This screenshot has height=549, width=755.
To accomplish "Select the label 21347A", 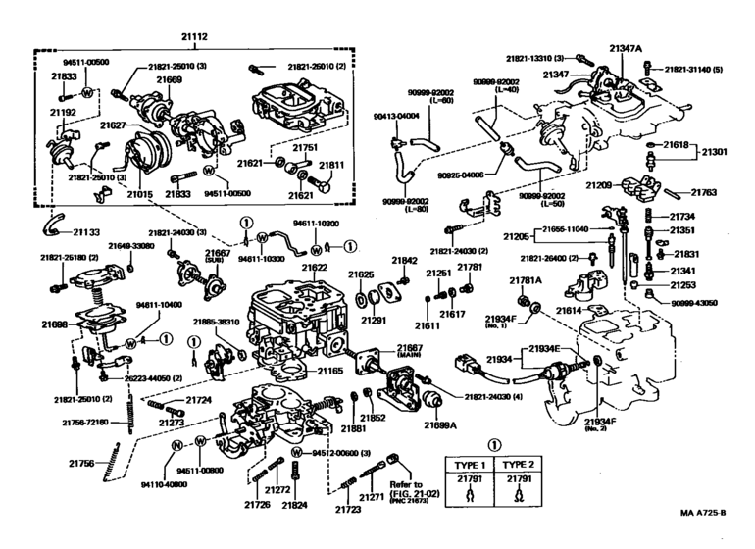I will [x=624, y=48].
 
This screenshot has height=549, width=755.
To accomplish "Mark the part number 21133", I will [x=85, y=232].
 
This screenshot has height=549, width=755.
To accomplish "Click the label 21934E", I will [x=544, y=349].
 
